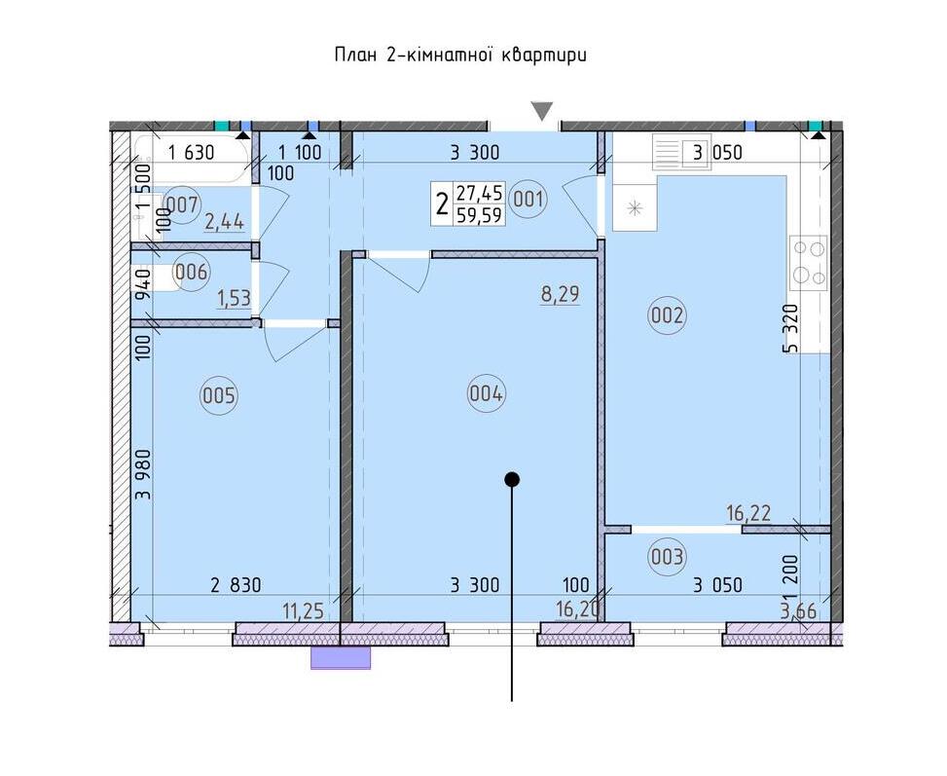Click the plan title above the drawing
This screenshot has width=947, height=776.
460,55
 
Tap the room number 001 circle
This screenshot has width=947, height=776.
528,199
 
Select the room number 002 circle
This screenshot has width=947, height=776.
667,314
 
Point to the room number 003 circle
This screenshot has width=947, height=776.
667,556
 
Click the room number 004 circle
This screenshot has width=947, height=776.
487,394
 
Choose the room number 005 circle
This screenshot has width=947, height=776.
219,396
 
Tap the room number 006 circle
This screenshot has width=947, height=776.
191,272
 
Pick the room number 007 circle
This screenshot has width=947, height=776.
182,204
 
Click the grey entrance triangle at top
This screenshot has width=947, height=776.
542,111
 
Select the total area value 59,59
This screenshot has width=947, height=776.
480,215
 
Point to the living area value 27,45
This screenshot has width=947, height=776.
480,193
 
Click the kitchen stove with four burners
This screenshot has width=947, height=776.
808,264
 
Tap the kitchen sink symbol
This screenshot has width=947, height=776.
635,208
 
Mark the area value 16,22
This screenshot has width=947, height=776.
748,514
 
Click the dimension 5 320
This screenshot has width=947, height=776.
791,328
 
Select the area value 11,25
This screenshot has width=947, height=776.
304,611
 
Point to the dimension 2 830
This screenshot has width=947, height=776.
236,585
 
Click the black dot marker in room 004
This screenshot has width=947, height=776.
512,480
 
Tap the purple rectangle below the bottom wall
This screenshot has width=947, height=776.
341,657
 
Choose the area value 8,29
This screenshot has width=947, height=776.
560,294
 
